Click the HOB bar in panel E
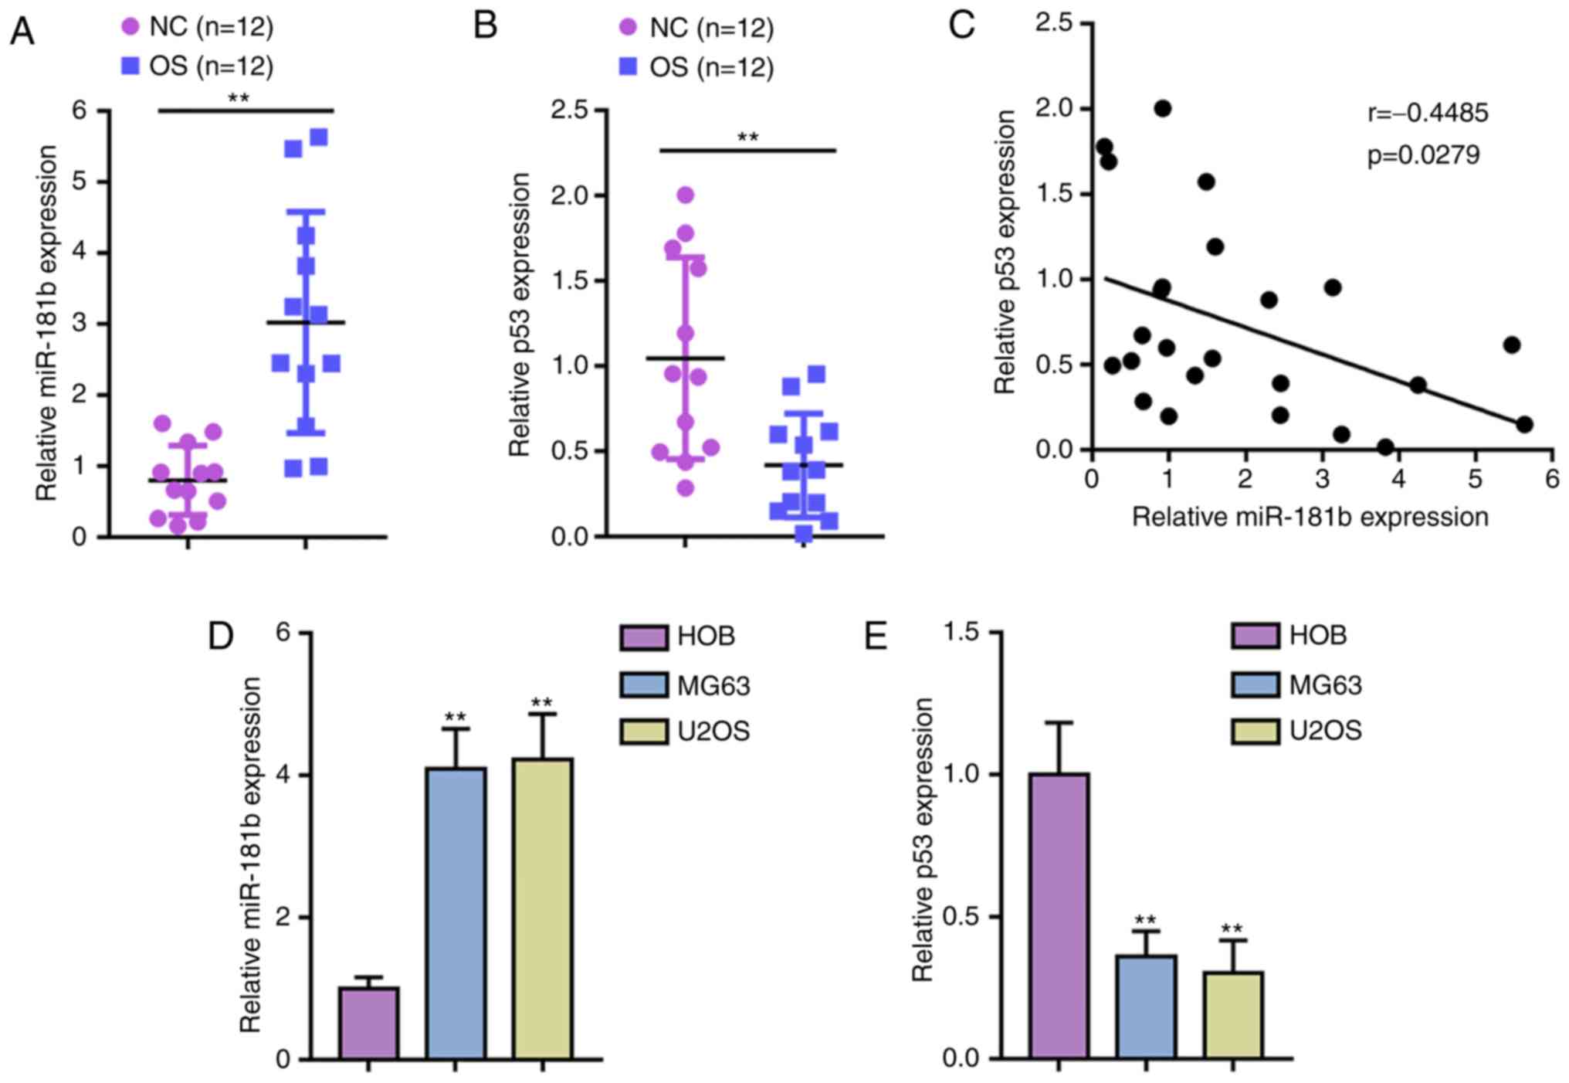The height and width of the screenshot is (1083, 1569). (x=1059, y=915)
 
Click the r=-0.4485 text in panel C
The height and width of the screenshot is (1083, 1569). (x=1428, y=114)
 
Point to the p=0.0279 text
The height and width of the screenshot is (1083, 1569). (x=1423, y=155)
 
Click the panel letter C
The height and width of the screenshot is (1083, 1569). (x=961, y=25)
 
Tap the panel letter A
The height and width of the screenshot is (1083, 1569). (x=22, y=32)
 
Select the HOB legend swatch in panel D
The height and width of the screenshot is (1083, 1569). (x=643, y=637)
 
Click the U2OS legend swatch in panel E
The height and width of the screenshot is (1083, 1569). (x=1255, y=731)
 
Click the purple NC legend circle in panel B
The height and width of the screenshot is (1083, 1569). (x=629, y=28)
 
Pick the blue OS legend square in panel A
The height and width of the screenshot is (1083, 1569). (x=130, y=66)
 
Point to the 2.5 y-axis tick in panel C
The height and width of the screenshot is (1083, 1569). (x=1055, y=23)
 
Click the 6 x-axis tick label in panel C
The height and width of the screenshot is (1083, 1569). (x=1552, y=480)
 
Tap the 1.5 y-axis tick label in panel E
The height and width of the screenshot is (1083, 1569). (x=961, y=633)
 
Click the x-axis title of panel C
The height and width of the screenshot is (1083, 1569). (x=1310, y=517)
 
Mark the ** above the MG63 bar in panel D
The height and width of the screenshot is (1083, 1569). (x=456, y=717)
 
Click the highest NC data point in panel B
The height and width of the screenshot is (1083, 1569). (x=685, y=195)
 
